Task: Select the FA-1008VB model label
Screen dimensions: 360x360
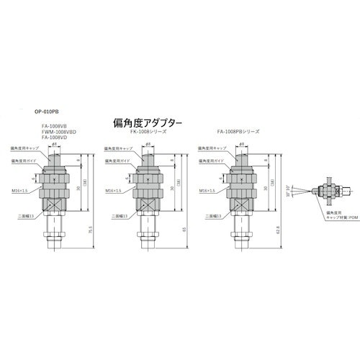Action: (54, 127)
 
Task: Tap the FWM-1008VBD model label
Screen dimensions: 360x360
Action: (58, 132)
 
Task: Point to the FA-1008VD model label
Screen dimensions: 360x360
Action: (54, 138)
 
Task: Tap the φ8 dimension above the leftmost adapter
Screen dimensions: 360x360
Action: (55, 144)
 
